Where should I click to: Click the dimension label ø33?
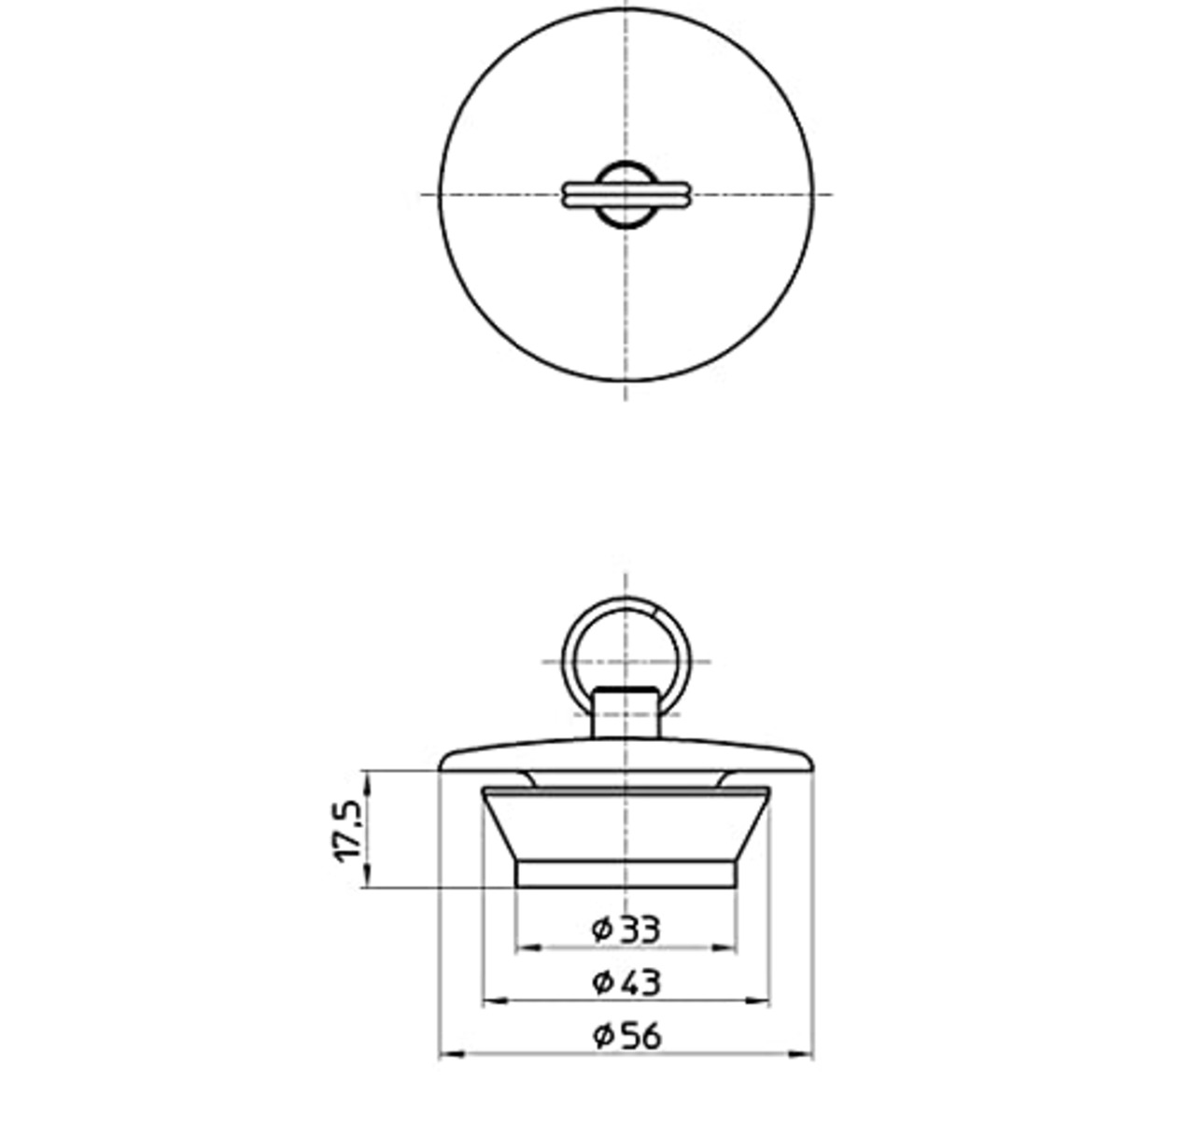coord(626,929)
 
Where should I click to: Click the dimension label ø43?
coord(626,982)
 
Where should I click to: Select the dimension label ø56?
coord(626,1035)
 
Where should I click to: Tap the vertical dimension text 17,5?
coord(349,830)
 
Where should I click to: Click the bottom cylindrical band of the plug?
coord(626,874)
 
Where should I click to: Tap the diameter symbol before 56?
coord(601,1035)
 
